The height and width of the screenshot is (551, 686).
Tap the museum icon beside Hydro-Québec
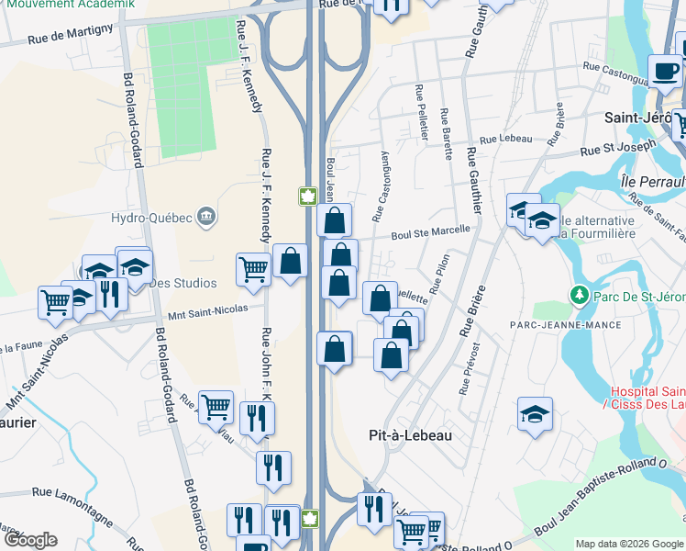tap(206, 217)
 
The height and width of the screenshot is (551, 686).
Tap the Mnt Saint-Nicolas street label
tap(207, 310)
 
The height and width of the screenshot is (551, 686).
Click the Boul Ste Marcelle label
tap(429, 233)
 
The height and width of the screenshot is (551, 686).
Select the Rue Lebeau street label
tap(505, 138)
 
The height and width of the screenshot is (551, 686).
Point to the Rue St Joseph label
tap(618, 148)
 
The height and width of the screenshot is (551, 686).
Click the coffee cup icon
tap(665, 69)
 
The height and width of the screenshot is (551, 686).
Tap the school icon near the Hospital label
tap(535, 413)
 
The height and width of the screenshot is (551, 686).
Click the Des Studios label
tap(189, 283)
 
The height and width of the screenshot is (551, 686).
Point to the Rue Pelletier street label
tap(421, 112)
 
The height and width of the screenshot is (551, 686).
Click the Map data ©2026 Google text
tap(628, 544)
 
